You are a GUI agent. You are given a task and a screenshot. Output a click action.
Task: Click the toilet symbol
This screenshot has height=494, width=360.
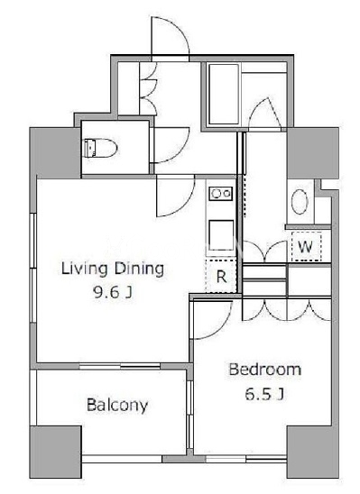click(x=100, y=148)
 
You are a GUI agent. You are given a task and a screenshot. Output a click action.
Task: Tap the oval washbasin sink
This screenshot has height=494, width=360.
click(x=300, y=202)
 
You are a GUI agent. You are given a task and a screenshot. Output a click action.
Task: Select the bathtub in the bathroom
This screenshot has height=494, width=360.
click(x=224, y=94)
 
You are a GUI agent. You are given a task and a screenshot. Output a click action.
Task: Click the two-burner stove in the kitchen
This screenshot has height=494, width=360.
click(x=221, y=194)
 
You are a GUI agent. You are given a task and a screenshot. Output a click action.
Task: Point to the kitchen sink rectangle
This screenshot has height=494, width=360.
click(x=221, y=235)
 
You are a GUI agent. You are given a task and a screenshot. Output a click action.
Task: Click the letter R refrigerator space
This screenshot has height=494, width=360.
click(x=221, y=277)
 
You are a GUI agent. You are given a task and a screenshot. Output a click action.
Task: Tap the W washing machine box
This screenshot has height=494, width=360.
click(x=306, y=247)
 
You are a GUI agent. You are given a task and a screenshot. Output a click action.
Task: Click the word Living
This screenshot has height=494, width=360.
click(x=84, y=270)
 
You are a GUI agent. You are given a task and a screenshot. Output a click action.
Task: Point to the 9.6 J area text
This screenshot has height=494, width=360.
click(x=112, y=293)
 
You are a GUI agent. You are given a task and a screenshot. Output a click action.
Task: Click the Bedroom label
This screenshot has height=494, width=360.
click(x=264, y=370)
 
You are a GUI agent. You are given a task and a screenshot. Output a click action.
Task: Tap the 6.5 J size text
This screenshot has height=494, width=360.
click(x=264, y=394)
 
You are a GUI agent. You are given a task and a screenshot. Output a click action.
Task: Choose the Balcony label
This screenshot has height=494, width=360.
click(x=117, y=406)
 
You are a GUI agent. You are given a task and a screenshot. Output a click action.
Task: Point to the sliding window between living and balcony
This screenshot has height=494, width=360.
click(x=119, y=366)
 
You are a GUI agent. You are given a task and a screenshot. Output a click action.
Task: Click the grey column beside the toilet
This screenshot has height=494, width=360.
click(x=55, y=153)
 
